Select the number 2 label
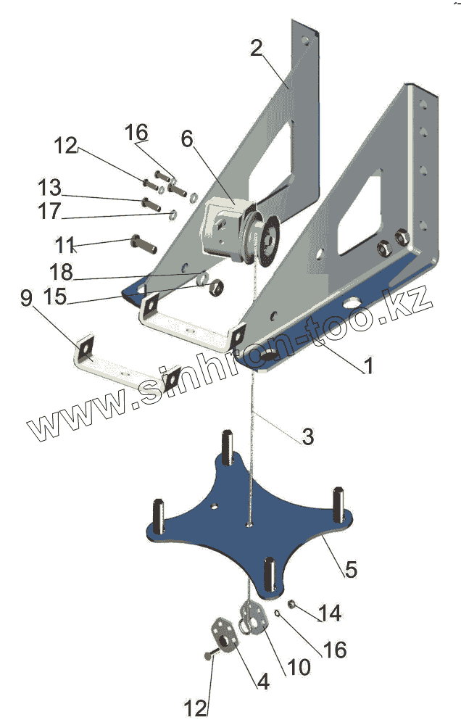tap(257, 49)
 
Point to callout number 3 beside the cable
tap(307, 436)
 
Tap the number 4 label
tap(263, 681)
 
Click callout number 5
tap(350, 569)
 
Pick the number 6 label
tap(188, 139)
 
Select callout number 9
tap(26, 299)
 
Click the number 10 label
tap(298, 666)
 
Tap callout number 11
tap(65, 242)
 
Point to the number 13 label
tap(50, 188)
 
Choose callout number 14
tap(330, 613)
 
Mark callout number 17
tap(50, 212)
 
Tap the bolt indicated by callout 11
tap(141, 243)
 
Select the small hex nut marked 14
tap(290, 605)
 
